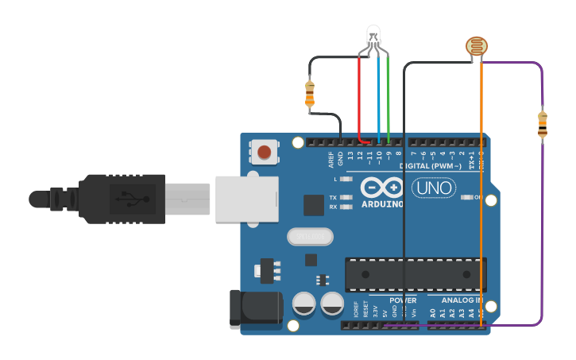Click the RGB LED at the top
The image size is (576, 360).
click(373, 35)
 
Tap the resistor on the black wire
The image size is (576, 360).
click(309, 93)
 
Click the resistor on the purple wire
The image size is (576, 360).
click(543, 125)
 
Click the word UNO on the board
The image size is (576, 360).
click(433, 188)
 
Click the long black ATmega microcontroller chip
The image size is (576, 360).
click(415, 273)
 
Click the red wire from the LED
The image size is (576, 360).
click(359, 99)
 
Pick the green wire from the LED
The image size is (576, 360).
click(389, 99)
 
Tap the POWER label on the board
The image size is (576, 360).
click(403, 301)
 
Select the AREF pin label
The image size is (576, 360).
click(331, 159)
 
